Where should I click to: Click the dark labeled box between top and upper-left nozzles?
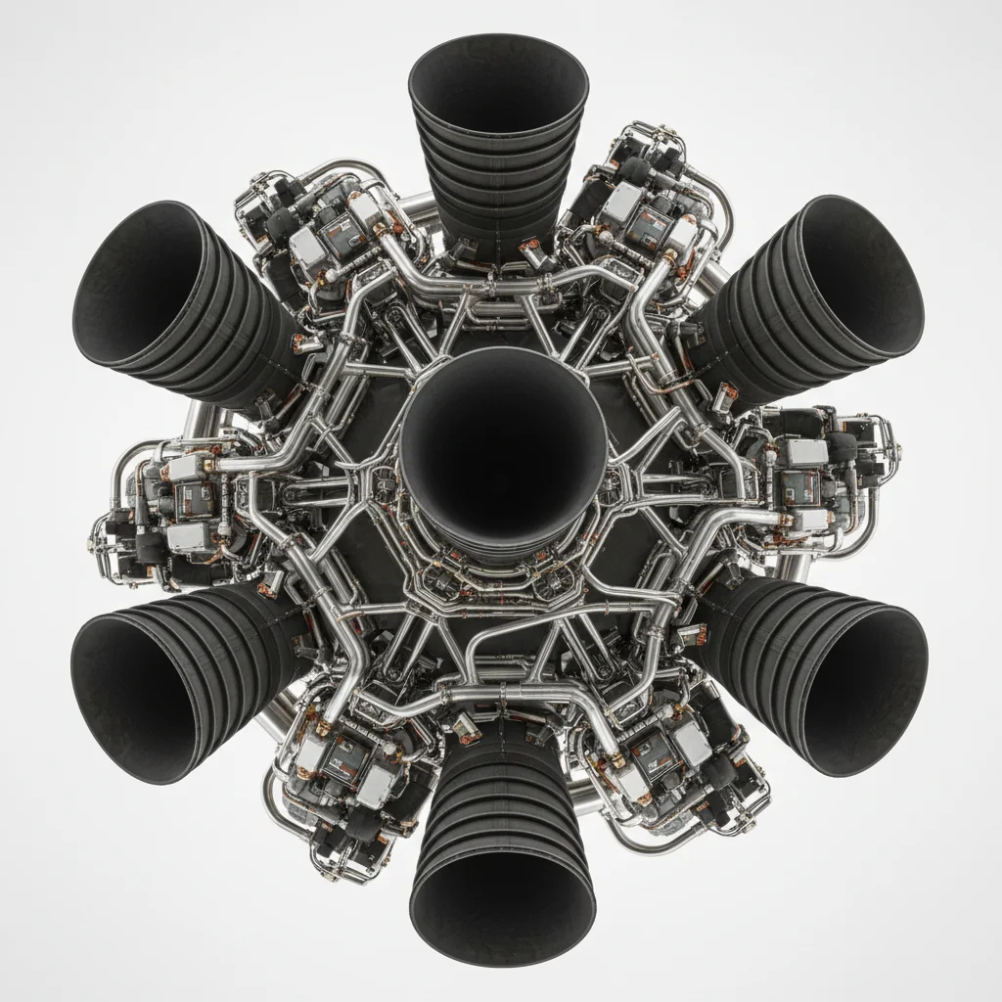tap(338, 235)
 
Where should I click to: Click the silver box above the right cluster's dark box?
tap(808, 452)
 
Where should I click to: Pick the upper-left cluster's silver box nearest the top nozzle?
tap(367, 211)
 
